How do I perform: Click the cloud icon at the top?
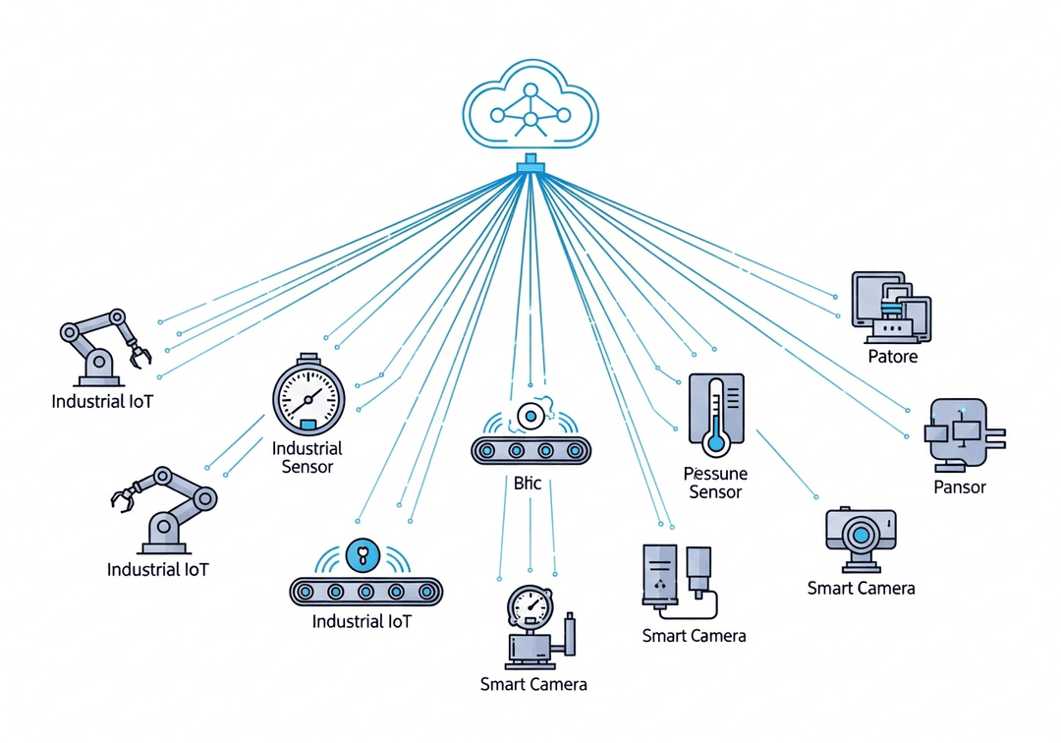(530, 106)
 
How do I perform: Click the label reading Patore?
(893, 356)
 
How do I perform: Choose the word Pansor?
(960, 486)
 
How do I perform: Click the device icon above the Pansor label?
(960, 433)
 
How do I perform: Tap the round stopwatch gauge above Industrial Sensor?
(308, 398)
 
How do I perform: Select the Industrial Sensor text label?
(307, 457)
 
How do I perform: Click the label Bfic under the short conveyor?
(528, 483)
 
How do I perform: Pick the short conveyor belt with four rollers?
(530, 451)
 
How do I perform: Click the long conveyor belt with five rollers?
(366, 592)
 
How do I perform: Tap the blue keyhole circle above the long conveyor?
(363, 556)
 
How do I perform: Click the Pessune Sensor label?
(715, 483)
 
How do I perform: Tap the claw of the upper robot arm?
(140, 355)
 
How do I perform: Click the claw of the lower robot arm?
(123, 498)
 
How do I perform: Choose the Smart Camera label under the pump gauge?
(533, 684)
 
